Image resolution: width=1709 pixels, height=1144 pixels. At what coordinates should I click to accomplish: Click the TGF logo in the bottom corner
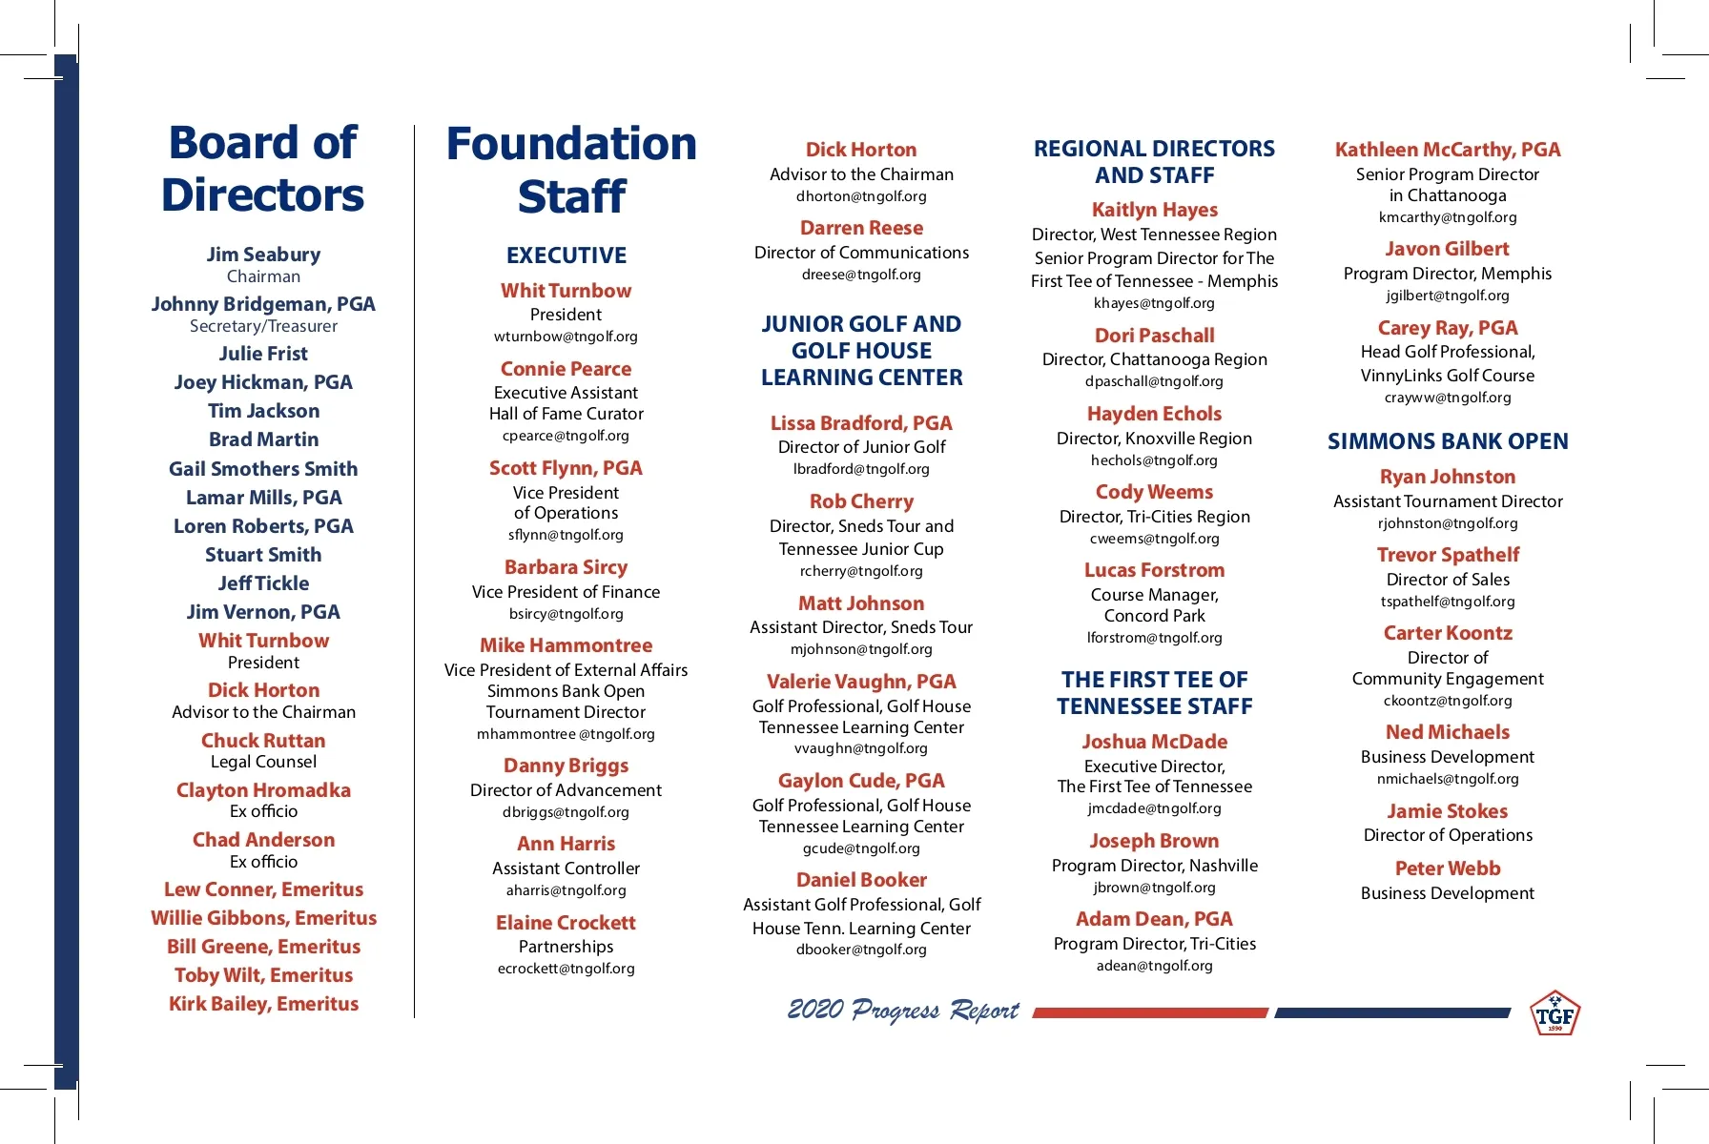[x=1555, y=1013]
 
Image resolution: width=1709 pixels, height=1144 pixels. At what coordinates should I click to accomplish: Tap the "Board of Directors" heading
[x=263, y=169]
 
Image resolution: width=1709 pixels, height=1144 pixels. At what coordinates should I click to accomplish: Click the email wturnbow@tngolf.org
[x=566, y=337]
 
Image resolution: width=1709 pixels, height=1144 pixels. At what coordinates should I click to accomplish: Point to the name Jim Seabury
[x=263, y=255]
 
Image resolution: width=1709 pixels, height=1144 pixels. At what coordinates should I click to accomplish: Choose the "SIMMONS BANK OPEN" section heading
[x=1448, y=441]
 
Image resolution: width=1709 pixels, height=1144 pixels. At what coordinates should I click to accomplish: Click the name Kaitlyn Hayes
[x=1154, y=210]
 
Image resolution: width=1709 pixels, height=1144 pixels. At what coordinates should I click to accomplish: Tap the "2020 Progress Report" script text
[x=902, y=1011]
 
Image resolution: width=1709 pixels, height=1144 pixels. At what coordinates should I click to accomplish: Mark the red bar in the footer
[x=1149, y=1012]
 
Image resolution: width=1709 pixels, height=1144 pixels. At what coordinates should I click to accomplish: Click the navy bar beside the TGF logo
[x=1392, y=1012]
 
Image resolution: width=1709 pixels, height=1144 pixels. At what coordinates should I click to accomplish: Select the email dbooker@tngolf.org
[x=861, y=950]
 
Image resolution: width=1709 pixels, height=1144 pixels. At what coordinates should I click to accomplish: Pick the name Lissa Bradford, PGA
[x=861, y=423]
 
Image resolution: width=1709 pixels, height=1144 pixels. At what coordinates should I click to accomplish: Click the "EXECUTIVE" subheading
[x=566, y=255]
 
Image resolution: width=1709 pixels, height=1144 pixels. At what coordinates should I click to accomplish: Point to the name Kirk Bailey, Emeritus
[x=263, y=1004]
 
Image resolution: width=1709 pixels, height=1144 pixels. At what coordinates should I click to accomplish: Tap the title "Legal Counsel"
[x=263, y=762]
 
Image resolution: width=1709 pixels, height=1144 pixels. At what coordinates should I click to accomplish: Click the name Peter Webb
[x=1448, y=868]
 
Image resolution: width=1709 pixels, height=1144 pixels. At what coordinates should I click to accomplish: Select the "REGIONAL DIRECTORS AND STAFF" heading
[x=1154, y=162]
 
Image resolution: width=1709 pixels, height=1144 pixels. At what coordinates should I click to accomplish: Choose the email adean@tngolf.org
[x=1154, y=966]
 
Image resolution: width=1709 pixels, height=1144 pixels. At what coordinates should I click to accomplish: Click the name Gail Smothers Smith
[x=263, y=469]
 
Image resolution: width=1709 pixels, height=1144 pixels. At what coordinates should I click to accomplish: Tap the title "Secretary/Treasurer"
[x=263, y=326]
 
